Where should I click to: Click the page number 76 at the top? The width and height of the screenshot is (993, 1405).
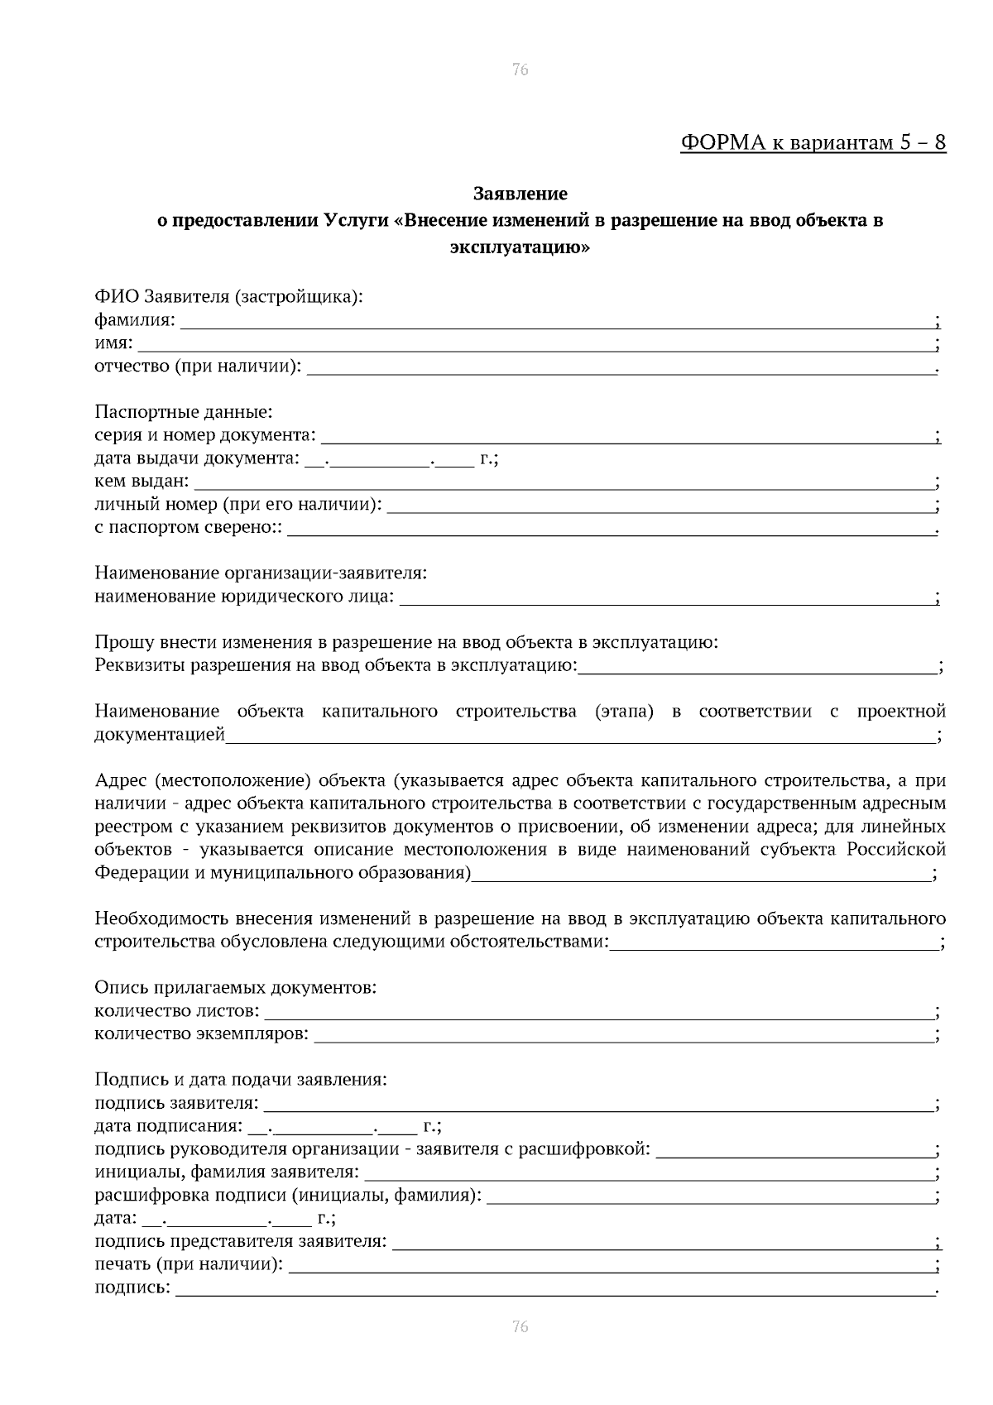click(x=520, y=70)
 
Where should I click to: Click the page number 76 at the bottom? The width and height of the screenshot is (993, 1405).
click(x=520, y=1326)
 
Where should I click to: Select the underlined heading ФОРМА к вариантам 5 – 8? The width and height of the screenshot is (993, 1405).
click(x=813, y=142)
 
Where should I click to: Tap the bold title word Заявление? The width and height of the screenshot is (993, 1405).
click(x=520, y=194)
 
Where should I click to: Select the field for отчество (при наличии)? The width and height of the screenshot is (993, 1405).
click(x=621, y=368)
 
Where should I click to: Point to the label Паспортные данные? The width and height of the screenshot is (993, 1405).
click(x=184, y=411)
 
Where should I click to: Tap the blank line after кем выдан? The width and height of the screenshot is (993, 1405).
click(x=563, y=483)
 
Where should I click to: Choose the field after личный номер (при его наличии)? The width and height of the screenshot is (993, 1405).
click(x=660, y=506)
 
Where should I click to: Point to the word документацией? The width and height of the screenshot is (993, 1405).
click(x=160, y=734)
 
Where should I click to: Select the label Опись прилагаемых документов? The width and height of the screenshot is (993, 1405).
click(x=235, y=987)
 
